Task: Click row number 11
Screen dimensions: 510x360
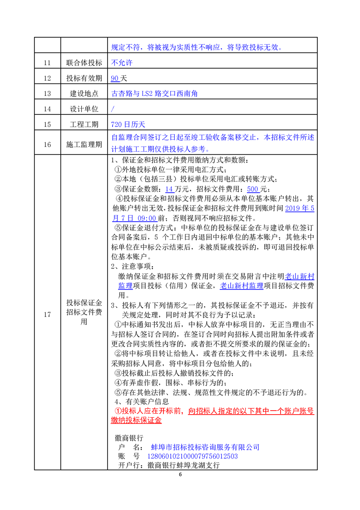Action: [47, 63]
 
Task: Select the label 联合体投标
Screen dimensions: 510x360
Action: [84, 63]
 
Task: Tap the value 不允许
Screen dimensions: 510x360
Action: [122, 63]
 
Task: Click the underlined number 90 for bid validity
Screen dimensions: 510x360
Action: [115, 79]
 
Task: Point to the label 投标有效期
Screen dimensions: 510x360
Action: [84, 79]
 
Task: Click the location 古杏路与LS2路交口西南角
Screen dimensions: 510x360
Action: [154, 94]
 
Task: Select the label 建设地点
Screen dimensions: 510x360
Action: [84, 94]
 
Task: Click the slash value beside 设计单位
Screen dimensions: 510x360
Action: [113, 109]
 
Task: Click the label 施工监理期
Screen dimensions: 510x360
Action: [84, 144]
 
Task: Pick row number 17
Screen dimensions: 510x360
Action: [47, 312]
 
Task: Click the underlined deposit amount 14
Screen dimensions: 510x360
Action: [169, 189]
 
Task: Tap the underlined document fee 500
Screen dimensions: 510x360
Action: [253, 189]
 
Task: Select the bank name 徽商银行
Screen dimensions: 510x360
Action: [129, 438]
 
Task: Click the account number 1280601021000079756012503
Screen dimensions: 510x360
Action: [192, 456]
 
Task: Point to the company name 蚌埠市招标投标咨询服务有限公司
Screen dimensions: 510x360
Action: [205, 447]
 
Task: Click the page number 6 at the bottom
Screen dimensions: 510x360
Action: [180, 475]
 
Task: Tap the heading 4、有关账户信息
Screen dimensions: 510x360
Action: [142, 401]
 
